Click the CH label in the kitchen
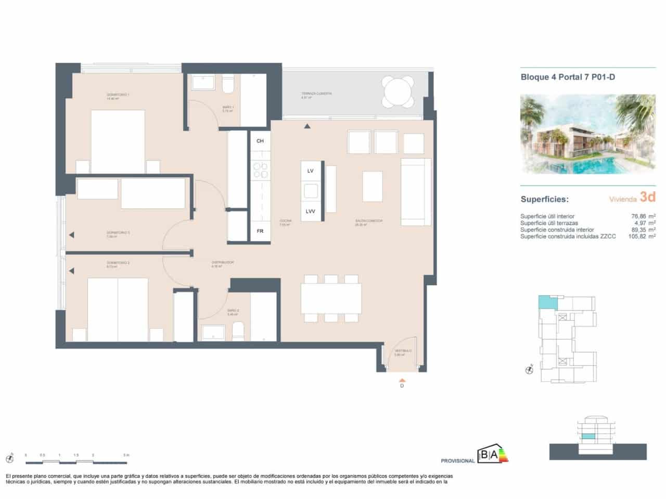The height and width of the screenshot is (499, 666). click(x=260, y=141)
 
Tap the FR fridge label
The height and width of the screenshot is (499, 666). click(x=260, y=231)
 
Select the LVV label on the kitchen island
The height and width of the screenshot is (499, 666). click(x=311, y=211)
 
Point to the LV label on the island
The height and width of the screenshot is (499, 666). click(x=311, y=171)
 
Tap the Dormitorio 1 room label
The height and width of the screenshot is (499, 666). click(x=118, y=96)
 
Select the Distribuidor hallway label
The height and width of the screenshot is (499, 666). click(x=222, y=263)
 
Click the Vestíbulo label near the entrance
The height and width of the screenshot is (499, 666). click(x=403, y=352)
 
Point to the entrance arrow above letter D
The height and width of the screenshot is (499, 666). click(x=402, y=379)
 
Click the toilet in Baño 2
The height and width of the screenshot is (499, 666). click(x=238, y=331)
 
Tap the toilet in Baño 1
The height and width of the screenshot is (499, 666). click(x=228, y=84)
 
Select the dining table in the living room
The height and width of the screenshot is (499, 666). click(x=331, y=298)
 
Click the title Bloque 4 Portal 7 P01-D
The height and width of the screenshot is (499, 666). click(x=568, y=77)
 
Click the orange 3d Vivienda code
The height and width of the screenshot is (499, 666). click(x=647, y=197)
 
